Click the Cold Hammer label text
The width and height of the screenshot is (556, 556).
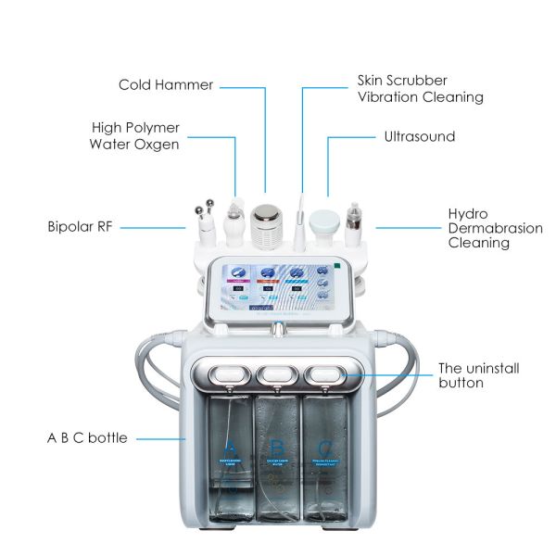(x=166, y=85)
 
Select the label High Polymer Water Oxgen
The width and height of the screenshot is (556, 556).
(x=134, y=135)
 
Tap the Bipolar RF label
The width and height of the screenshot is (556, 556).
(x=80, y=225)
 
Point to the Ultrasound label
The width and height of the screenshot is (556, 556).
(x=420, y=136)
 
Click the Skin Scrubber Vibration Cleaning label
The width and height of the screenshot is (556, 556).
(x=420, y=89)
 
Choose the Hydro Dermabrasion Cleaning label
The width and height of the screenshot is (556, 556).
(x=482, y=228)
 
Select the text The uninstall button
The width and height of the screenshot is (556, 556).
(x=478, y=375)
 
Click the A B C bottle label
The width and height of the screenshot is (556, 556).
(x=89, y=437)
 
